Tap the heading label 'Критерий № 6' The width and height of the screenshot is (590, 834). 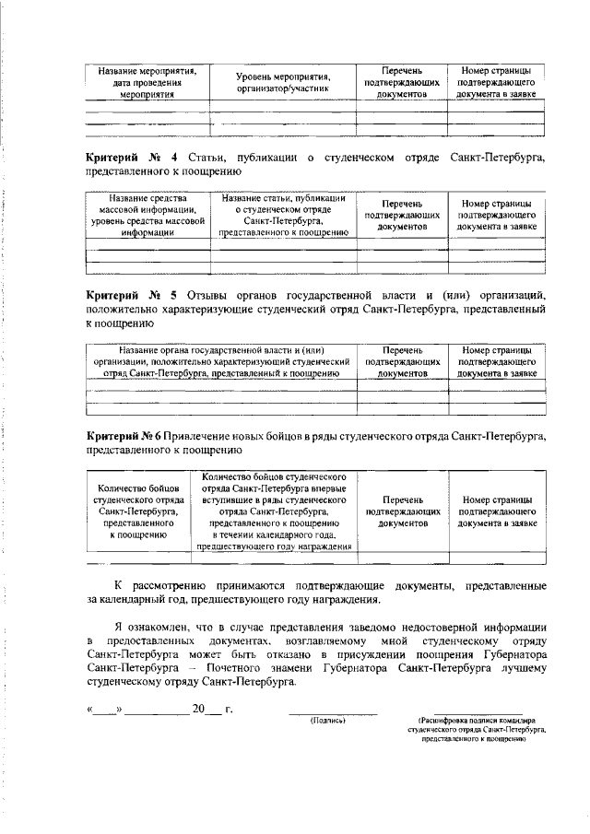click(x=125, y=436)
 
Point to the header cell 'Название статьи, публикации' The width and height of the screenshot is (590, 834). click(x=283, y=216)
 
